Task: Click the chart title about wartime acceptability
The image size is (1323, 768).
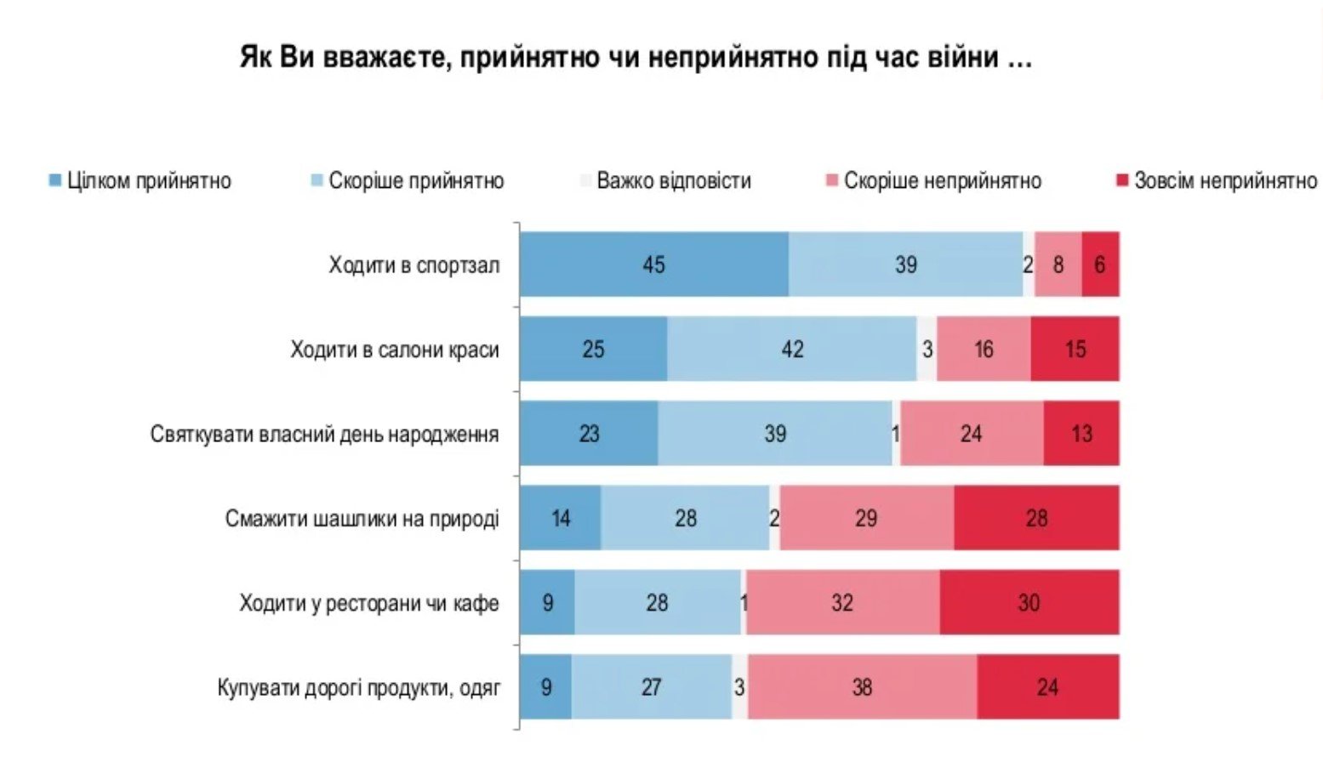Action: point(636,58)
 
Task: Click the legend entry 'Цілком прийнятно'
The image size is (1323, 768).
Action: point(140,181)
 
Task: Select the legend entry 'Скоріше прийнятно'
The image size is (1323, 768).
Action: point(408,181)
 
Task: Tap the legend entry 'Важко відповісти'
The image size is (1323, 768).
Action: point(665,181)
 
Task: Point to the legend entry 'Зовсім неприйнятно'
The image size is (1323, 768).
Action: point(1218,181)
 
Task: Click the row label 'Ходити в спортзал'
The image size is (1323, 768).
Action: point(414,265)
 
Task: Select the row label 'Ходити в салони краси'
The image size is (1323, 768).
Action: point(395,350)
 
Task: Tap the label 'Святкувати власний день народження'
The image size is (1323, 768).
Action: point(324,435)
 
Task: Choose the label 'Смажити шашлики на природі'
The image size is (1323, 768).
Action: point(362,519)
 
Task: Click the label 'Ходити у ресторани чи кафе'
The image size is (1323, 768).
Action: point(369,604)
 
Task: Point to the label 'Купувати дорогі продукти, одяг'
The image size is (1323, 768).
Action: point(359,687)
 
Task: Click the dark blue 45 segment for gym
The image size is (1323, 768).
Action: point(653,265)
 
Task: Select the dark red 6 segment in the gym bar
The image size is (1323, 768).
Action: point(1100,265)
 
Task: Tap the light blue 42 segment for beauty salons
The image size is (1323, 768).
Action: point(792,349)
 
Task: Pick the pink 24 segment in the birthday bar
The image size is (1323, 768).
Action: point(972,434)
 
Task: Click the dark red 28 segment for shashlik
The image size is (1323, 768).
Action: point(1036,518)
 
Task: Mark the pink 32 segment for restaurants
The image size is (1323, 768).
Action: point(842,602)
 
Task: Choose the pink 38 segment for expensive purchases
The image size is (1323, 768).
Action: point(862,686)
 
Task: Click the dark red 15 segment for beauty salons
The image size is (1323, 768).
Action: point(1075,349)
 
